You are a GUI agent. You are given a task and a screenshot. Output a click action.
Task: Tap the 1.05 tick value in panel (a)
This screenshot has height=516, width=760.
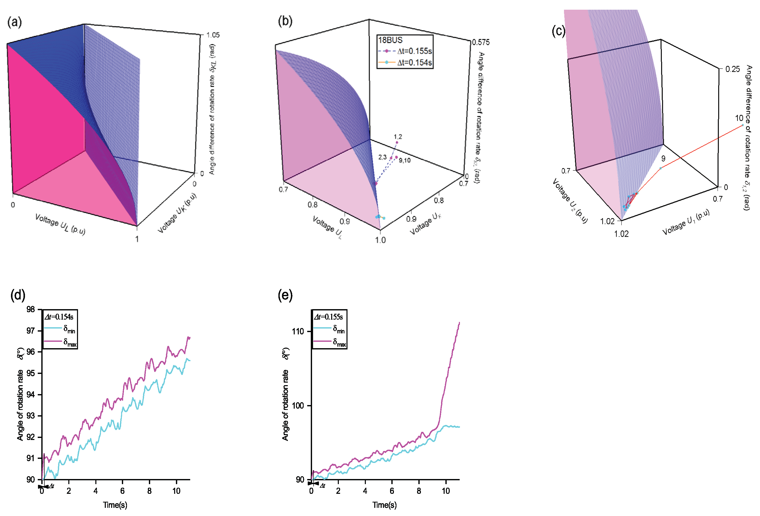coord(213,35)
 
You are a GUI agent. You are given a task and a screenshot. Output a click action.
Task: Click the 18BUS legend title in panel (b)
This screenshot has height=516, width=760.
coord(390,40)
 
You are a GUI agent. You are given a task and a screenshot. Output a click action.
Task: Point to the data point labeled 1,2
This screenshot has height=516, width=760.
coord(397,142)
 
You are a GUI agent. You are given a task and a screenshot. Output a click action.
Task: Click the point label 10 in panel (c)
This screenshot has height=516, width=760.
coord(739,118)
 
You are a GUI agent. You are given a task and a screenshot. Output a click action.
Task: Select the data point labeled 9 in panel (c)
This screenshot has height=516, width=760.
coord(661,168)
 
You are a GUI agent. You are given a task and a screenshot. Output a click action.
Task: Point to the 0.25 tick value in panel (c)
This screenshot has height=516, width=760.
coord(732,69)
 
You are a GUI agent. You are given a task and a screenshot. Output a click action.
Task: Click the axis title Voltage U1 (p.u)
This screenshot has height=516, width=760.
coord(686,222)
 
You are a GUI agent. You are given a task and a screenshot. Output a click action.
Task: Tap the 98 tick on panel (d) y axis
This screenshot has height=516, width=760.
coord(30,310)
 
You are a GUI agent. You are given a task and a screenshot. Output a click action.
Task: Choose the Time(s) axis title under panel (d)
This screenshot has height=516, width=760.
coord(115,505)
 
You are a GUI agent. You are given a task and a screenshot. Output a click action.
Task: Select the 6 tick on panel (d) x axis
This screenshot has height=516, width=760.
coord(122,491)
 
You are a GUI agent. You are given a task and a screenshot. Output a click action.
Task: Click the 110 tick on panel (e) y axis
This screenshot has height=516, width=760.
coord(298,331)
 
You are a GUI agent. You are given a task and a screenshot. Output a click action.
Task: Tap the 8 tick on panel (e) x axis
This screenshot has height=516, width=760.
coord(419,491)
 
